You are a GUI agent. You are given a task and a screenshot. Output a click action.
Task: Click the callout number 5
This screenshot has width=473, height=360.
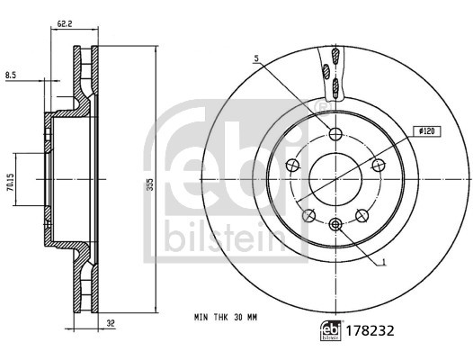(256, 58)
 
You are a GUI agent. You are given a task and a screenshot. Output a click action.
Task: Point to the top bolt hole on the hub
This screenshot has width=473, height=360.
(335, 135)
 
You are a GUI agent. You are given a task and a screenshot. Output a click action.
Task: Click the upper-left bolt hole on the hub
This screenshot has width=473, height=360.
(293, 166)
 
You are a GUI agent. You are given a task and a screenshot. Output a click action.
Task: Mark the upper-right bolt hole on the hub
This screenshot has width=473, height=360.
(377, 166)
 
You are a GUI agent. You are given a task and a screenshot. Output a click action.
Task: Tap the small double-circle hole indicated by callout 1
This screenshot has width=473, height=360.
(335, 224)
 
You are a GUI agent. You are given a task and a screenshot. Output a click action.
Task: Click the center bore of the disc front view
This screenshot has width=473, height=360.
(335, 175)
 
